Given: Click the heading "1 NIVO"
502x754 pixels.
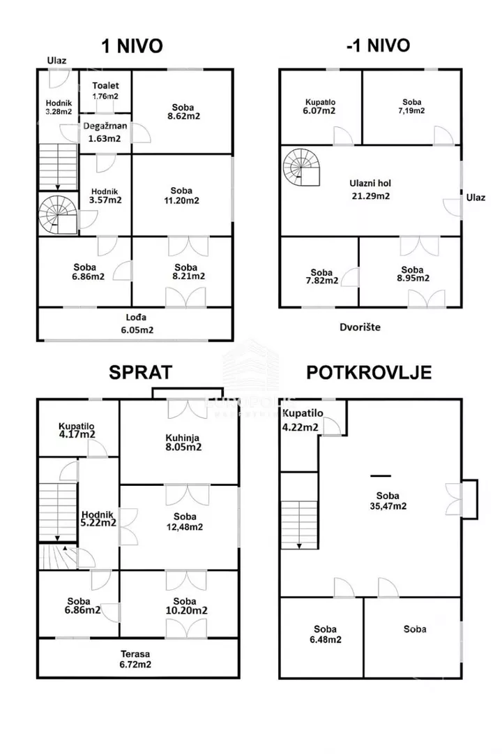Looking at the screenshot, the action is pyautogui.click(x=132, y=46).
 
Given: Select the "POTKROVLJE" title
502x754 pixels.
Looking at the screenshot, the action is pyautogui.click(x=369, y=373).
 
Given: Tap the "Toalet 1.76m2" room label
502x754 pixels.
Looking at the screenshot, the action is pyautogui.click(x=106, y=90).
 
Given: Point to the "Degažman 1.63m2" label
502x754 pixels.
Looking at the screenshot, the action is pyautogui.click(x=105, y=132).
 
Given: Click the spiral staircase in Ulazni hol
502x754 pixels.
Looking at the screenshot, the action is pyautogui.click(x=302, y=168).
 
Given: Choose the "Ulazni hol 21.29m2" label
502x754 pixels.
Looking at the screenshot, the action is pyautogui.click(x=370, y=189).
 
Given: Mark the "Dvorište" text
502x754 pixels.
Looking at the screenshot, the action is pyautogui.click(x=360, y=327).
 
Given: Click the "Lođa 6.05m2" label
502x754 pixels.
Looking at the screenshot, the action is pyautogui.click(x=137, y=324).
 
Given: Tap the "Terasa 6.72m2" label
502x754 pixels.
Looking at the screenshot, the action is pyautogui.click(x=135, y=659).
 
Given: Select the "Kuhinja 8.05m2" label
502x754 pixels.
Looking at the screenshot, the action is pyautogui.click(x=183, y=443).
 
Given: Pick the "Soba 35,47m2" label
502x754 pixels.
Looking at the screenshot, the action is pyautogui.click(x=388, y=501).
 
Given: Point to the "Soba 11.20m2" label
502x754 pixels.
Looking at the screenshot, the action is pyautogui.click(x=181, y=195).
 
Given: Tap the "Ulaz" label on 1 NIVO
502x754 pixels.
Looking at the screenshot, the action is pyautogui.click(x=56, y=61).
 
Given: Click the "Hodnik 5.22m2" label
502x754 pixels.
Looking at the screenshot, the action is pyautogui.click(x=98, y=519).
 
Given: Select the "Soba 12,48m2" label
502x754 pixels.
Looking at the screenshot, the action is pyautogui.click(x=185, y=522).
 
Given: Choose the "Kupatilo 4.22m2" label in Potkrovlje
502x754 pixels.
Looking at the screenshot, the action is pyautogui.click(x=302, y=420).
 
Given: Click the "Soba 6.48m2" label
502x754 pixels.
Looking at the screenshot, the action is pyautogui.click(x=325, y=634).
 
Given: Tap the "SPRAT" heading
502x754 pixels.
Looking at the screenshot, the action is pyautogui.click(x=140, y=373).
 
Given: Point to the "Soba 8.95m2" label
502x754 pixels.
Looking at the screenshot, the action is pyautogui.click(x=413, y=274).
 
